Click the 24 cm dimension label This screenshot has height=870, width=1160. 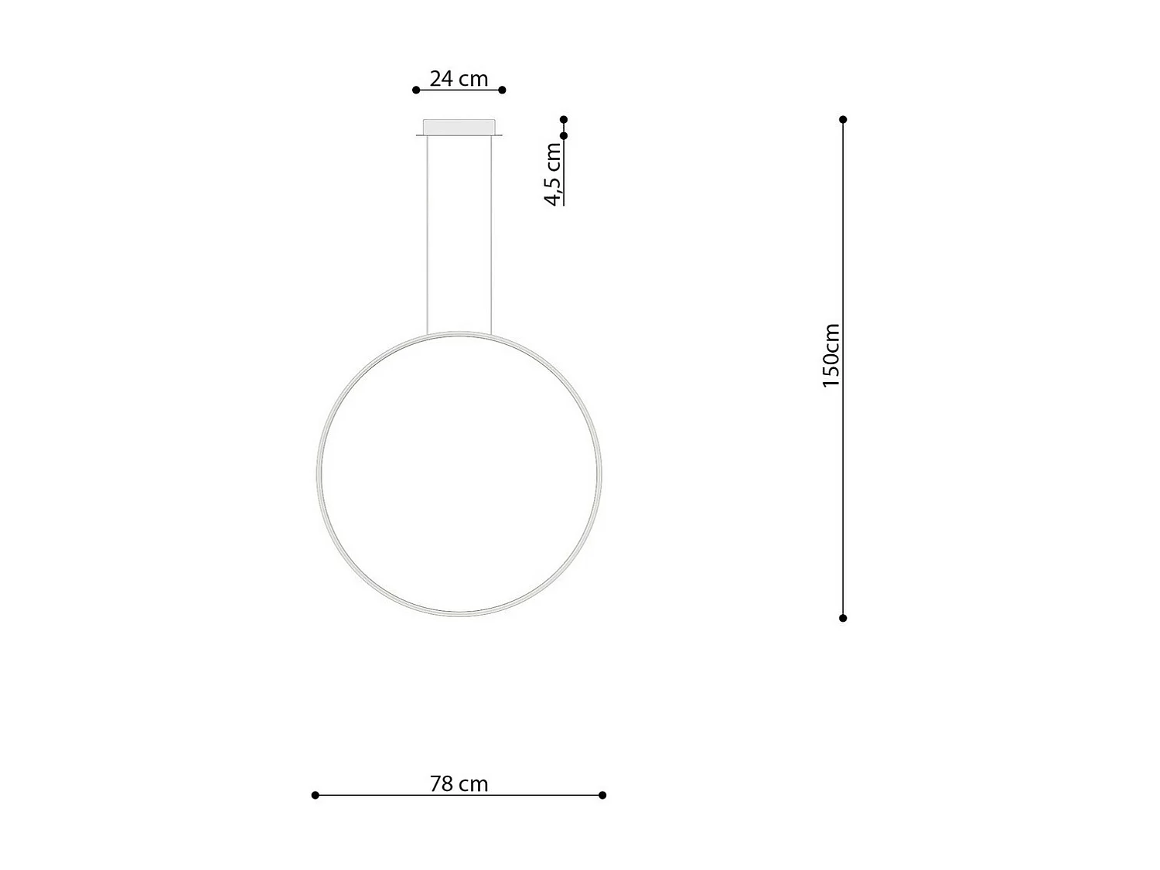(x=459, y=79)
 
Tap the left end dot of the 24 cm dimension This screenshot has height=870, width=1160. (x=416, y=90)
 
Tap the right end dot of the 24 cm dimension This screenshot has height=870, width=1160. (x=502, y=90)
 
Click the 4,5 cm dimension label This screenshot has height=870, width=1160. (x=554, y=174)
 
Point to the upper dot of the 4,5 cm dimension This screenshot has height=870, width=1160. (x=564, y=120)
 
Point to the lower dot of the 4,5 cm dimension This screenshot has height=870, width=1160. (x=564, y=136)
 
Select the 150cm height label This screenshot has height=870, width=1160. (x=831, y=356)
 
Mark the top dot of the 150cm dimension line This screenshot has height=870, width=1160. (x=843, y=120)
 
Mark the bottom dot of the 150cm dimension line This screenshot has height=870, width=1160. (x=843, y=618)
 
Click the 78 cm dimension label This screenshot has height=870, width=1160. (x=459, y=784)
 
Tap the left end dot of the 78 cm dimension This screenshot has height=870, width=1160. (x=315, y=795)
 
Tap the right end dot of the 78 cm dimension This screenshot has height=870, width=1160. (x=602, y=795)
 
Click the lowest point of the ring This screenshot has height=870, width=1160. (x=459, y=615)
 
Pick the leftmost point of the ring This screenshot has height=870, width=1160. (x=319, y=473)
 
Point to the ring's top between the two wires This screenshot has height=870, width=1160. (x=459, y=333)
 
